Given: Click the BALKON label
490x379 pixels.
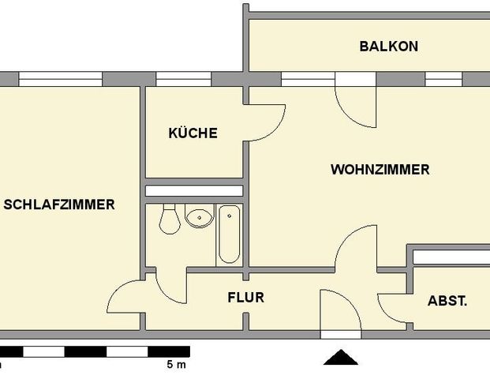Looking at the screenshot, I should tap(388, 46).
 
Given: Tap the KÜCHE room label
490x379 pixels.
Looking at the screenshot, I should tap(193, 133).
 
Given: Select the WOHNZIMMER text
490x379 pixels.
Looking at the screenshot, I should tap(380, 169).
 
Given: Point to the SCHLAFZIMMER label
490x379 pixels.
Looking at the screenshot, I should tap(59, 205).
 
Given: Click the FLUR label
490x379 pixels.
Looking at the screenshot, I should tap(245, 298).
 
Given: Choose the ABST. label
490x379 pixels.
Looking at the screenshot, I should tap(447, 301).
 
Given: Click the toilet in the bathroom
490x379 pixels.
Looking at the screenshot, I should tap(168, 219).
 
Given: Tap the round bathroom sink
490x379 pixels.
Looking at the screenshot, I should tap(199, 216).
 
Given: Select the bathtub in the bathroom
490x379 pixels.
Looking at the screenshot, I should tap(229, 233).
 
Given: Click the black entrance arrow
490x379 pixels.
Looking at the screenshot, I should tap(340, 358).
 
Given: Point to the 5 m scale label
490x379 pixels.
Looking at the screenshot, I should tap(176, 365).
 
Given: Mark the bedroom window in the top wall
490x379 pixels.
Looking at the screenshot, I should tap(61, 79).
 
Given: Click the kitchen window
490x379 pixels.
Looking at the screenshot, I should tap(182, 79).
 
